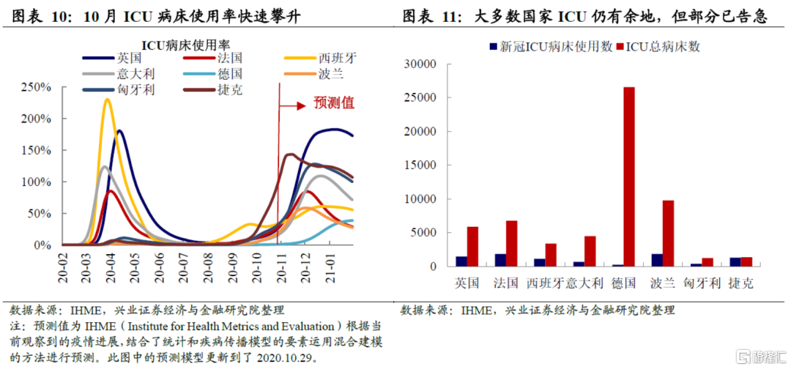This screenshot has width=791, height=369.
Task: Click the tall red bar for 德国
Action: click(x=629, y=176)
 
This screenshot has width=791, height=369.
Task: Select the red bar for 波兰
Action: click(x=667, y=233)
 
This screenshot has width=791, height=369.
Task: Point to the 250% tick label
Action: click(x=36, y=87)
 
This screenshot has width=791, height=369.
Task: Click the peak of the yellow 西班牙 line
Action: click(x=108, y=100)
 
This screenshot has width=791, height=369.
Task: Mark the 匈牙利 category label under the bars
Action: click(x=699, y=283)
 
